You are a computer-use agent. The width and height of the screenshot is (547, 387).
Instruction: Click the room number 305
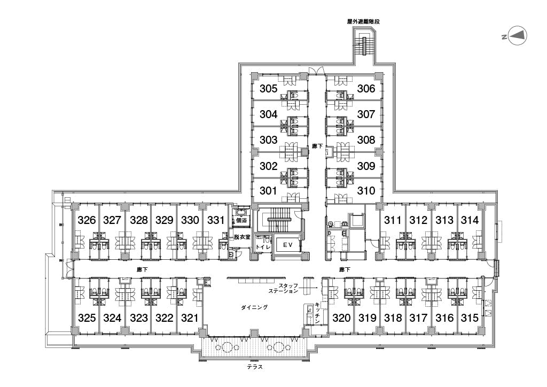268,89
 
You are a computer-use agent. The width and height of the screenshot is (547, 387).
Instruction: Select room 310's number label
366,191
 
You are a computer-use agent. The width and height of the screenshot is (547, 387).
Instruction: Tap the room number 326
87,220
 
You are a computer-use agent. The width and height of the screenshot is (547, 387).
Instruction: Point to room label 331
216,220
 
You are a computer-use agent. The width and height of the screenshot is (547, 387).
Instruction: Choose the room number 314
470,220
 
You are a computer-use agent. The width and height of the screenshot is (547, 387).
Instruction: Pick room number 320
341,318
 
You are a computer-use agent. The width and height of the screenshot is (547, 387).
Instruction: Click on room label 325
87,318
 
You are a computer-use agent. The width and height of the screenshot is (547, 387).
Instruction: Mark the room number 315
470,318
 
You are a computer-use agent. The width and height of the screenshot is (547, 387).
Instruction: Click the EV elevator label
288,245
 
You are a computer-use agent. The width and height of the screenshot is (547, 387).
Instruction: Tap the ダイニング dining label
254,307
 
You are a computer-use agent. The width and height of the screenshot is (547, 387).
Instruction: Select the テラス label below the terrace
255,368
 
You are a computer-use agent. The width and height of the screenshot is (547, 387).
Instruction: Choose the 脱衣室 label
242,237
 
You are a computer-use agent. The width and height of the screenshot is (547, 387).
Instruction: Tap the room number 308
366,140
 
